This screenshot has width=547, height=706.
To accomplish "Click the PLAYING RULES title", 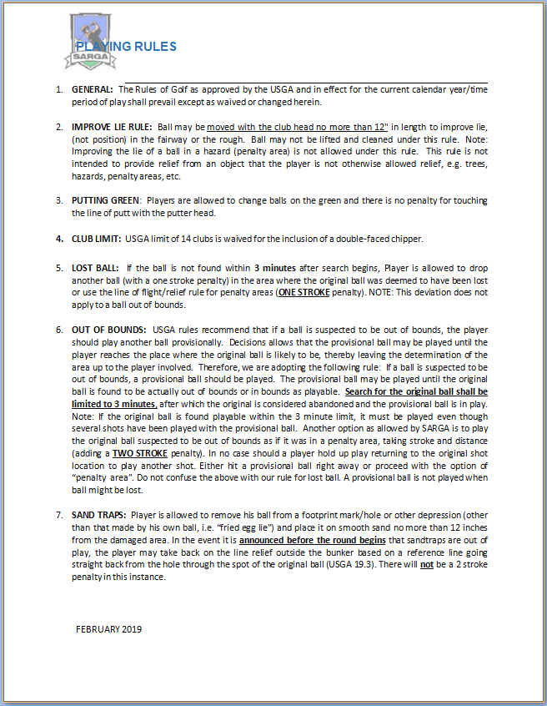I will point(126,47).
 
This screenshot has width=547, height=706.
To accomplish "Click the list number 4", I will point(59,239).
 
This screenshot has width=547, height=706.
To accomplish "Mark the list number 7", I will point(59,515).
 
